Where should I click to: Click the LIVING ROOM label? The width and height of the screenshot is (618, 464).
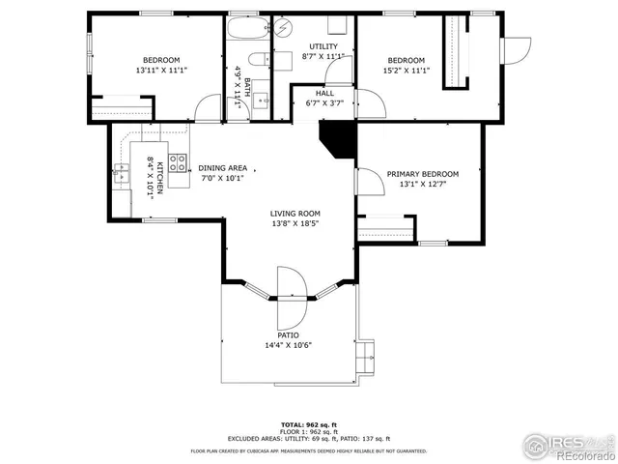click(295, 214)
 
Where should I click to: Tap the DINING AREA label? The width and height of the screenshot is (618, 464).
click(223, 167)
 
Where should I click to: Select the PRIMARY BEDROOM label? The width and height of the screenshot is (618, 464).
click(423, 174)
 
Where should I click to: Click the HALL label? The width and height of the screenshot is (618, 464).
click(324, 93)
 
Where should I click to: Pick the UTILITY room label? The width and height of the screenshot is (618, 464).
click(323, 46)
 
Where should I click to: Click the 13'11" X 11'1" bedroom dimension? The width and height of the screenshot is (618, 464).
click(161, 70)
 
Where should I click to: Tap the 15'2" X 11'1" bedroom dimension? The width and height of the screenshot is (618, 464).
click(407, 70)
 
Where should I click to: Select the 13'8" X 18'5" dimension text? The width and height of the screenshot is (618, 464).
click(295, 224)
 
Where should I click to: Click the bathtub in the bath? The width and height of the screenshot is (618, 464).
click(248, 35)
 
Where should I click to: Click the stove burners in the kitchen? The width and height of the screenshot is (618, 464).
click(179, 163)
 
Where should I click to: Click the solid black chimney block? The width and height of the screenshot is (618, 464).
click(337, 137)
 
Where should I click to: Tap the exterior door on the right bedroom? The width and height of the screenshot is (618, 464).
click(517, 45)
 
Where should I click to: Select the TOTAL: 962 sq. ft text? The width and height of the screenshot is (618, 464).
click(308, 424)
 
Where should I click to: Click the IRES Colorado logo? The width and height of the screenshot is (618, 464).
click(569, 446)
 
